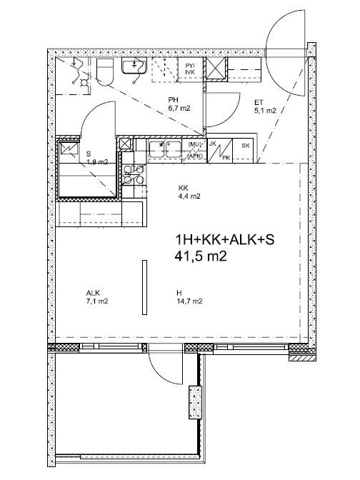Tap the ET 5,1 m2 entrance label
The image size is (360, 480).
click(265, 106)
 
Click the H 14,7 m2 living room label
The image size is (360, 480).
click(189, 297)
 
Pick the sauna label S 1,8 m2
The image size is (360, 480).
click(97, 158)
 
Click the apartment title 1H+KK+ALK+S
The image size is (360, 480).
click(224, 240)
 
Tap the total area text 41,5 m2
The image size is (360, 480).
click(201, 256)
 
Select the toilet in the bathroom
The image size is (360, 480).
click(105, 71)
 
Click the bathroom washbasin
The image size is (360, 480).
click(134, 66)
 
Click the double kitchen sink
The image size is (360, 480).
click(165, 149)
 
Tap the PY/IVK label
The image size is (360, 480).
click(190, 69)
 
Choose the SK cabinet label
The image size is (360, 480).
click(246, 146)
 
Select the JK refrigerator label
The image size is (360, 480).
click(212, 144)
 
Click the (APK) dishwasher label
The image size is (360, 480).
click(194, 156)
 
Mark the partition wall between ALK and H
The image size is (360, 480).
click(144, 287)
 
